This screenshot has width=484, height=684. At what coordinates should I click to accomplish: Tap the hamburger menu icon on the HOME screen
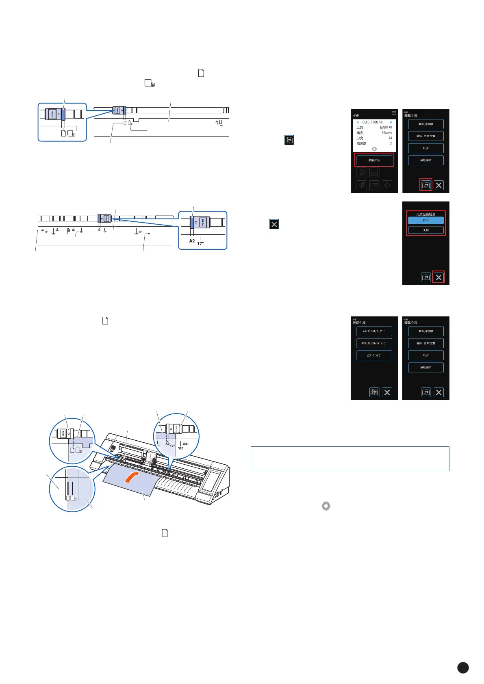(394, 113)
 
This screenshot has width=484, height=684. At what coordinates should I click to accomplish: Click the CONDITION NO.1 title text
(373, 122)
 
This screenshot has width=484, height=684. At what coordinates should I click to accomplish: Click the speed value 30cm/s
(386, 133)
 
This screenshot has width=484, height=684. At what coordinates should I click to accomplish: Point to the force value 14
(390, 138)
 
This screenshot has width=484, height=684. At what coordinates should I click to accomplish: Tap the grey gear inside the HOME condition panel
(374, 149)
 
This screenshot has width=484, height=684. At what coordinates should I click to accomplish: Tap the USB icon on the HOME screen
(374, 185)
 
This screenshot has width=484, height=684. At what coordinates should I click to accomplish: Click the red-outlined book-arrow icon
(425, 185)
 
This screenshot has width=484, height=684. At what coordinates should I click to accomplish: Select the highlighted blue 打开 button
(425, 220)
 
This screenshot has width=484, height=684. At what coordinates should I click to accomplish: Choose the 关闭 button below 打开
(425, 230)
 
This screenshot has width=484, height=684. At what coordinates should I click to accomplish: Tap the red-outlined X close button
(438, 277)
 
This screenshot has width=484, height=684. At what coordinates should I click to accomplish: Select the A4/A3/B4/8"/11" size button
(374, 331)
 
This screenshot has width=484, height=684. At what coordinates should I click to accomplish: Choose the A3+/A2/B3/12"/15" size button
(374, 343)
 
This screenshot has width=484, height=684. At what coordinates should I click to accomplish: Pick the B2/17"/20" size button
(374, 355)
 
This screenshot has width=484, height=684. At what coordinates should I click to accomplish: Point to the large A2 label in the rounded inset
(192, 241)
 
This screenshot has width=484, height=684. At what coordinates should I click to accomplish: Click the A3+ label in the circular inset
(186, 444)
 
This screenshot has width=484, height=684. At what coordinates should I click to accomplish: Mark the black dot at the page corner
(463, 667)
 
